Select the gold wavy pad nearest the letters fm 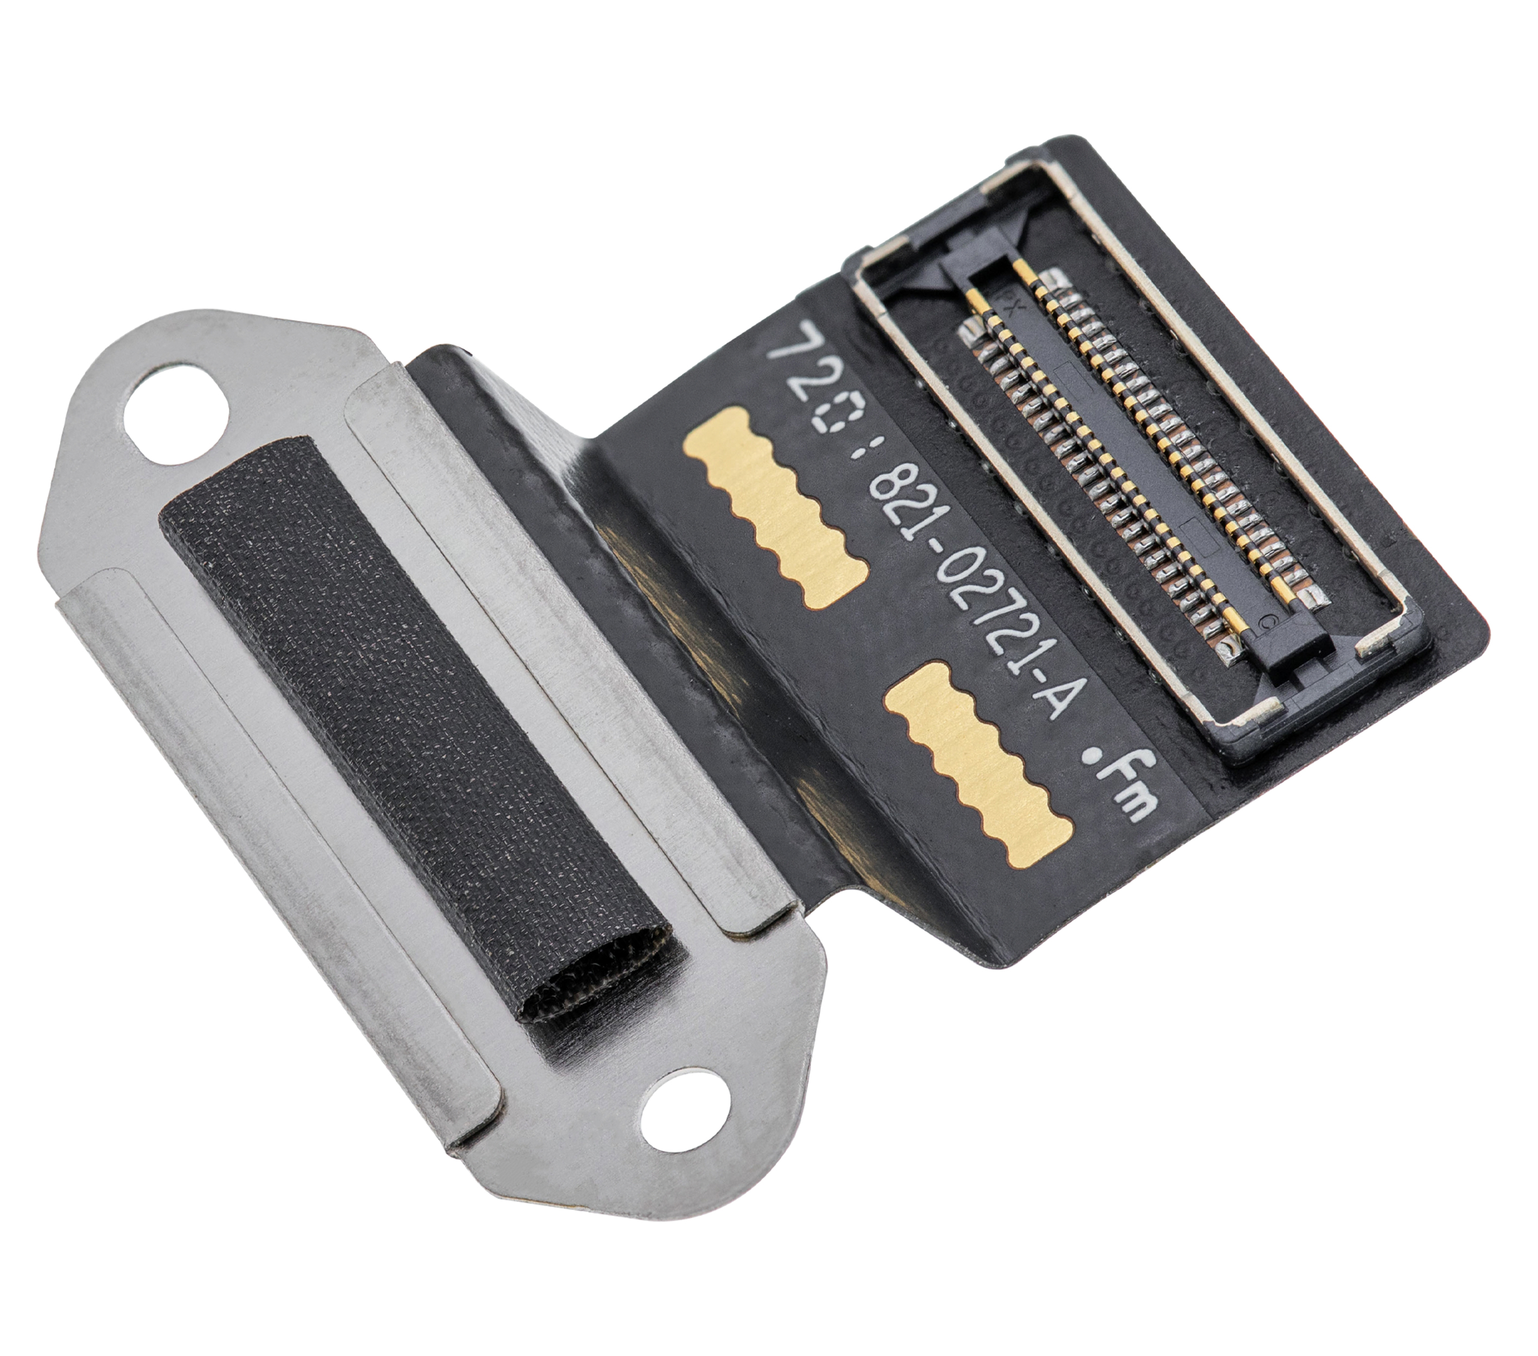tap(978, 764)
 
